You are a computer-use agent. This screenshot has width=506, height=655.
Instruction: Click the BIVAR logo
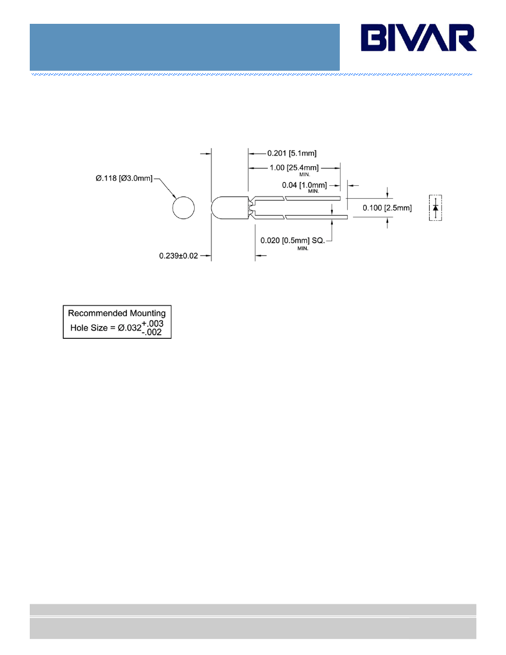(x=418, y=38)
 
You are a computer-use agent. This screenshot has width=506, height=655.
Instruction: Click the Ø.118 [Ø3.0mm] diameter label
(x=124, y=179)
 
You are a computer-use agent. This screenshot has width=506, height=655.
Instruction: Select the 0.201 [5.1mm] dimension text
(x=292, y=153)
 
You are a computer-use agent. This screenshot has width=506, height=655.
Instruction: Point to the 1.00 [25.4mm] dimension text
(x=294, y=167)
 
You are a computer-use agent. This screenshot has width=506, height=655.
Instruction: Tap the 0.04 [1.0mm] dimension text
(x=304, y=185)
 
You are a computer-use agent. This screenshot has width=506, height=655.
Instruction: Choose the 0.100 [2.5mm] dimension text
(x=387, y=208)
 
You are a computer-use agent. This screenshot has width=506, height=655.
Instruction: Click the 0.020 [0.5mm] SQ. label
(x=293, y=241)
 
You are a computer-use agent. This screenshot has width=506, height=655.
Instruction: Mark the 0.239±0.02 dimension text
(x=178, y=255)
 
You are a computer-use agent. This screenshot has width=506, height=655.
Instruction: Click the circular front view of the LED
(x=183, y=208)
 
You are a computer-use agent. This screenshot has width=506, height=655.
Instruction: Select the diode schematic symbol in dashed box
(x=435, y=208)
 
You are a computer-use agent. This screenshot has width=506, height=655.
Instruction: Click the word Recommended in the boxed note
(x=98, y=313)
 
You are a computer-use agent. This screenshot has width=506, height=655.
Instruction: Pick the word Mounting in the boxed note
(x=148, y=314)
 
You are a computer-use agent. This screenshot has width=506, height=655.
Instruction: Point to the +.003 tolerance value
(x=153, y=323)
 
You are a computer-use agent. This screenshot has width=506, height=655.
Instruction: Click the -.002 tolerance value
(x=152, y=332)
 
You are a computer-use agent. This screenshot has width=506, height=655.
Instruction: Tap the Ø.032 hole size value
(x=129, y=328)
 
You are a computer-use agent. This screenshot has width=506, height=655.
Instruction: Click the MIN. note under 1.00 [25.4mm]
(x=305, y=174)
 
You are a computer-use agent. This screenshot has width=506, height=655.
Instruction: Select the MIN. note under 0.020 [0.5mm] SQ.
(x=302, y=248)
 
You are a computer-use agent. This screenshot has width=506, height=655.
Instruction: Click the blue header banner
(x=185, y=47)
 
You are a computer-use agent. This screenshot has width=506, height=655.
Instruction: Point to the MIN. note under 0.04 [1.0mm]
(x=314, y=191)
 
